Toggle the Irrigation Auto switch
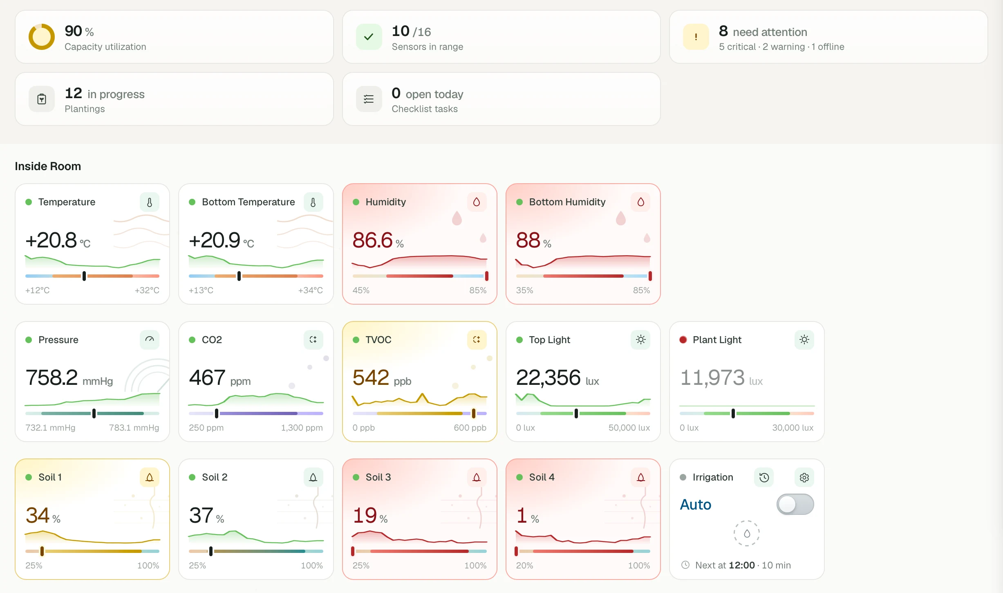click(795, 504)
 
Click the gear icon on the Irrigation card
click(804, 477)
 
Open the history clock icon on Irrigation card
click(764, 477)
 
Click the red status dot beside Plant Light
click(683, 340)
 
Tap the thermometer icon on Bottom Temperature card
click(313, 202)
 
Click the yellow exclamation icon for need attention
click(696, 37)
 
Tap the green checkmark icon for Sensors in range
click(369, 37)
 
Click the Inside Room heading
click(48, 166)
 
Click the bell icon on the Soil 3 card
click(477, 477)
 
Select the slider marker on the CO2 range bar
click(217, 413)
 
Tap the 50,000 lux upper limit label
click(629, 428)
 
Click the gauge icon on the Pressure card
click(150, 340)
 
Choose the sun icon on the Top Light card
click(640, 340)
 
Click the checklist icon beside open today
click(369, 99)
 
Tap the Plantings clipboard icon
click(42, 99)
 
